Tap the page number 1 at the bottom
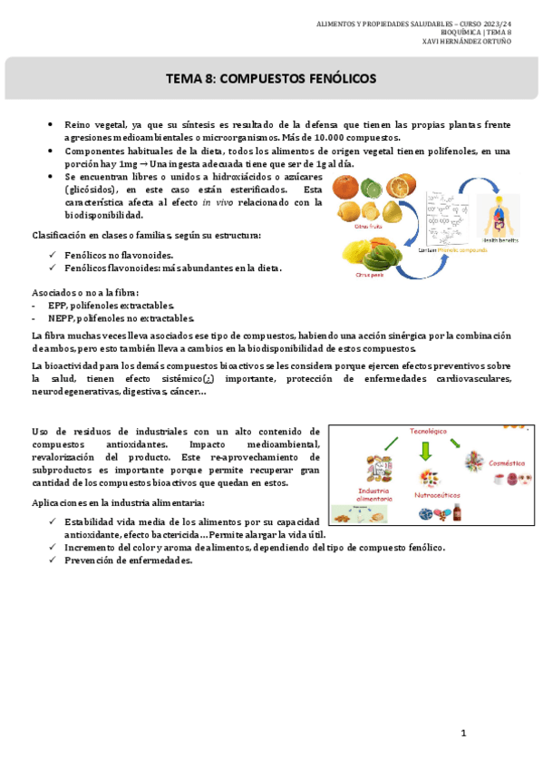tap(462, 732)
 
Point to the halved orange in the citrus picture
tap(399, 189)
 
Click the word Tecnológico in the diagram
tap(429, 432)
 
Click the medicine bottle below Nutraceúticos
tap(458, 513)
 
